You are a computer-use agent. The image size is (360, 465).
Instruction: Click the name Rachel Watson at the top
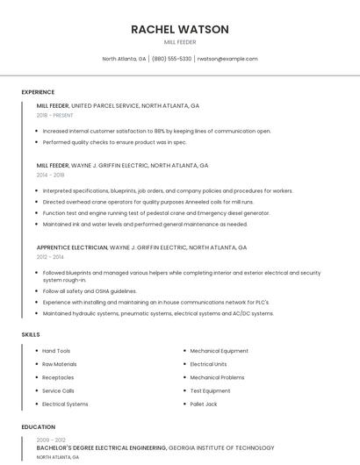click(x=180, y=29)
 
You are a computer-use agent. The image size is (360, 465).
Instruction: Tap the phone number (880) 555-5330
click(x=171, y=59)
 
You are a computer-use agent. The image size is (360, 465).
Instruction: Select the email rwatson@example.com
click(x=227, y=59)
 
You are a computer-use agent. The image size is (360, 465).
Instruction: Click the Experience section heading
click(x=38, y=92)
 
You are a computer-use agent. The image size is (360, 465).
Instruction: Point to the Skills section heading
click(x=31, y=334)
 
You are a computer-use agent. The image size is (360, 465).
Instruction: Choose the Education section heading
click(x=38, y=427)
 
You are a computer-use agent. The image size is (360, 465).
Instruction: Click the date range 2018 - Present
click(x=55, y=115)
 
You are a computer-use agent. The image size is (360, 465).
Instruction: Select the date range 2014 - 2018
click(x=50, y=175)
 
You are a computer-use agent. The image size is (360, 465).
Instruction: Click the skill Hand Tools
click(x=56, y=351)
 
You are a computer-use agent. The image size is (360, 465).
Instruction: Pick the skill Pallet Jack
click(x=204, y=404)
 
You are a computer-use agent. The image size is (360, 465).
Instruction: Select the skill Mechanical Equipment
click(x=219, y=351)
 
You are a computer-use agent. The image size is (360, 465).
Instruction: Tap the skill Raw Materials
click(x=60, y=364)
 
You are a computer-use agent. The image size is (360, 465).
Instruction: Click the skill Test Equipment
click(x=210, y=391)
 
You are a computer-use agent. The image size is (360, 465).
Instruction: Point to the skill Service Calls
click(x=58, y=391)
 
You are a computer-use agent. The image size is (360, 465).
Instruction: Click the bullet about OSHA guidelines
click(x=90, y=291)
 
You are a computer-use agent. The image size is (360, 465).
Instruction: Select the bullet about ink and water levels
click(x=145, y=224)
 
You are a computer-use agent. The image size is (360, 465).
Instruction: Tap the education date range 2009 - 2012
click(x=51, y=440)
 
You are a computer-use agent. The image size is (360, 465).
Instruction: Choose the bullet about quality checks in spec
click(x=114, y=142)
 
